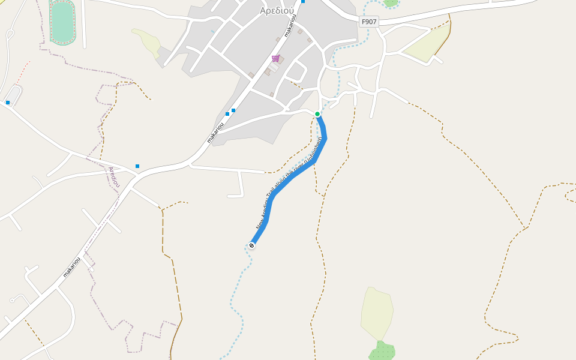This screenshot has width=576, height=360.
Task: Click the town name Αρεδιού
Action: point(277,11)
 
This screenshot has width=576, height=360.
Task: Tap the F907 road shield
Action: point(369,22)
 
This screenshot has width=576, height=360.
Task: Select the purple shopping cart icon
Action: point(276,58)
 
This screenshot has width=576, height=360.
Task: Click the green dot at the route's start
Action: point(317,114)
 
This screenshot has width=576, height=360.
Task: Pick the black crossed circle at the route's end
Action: point(251,245)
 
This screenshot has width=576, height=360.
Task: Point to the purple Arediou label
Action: point(114,177)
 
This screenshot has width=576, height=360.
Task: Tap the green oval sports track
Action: point(62,22)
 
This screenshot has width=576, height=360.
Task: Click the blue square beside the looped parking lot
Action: point(8,103)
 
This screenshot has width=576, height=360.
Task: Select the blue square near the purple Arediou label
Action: point(137,166)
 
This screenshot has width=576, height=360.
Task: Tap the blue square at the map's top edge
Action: point(303,2)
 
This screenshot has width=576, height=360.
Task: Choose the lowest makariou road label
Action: point(71,268)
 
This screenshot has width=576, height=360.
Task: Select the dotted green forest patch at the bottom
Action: point(382,351)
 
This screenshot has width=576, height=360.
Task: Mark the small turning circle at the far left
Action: point(12,300)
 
